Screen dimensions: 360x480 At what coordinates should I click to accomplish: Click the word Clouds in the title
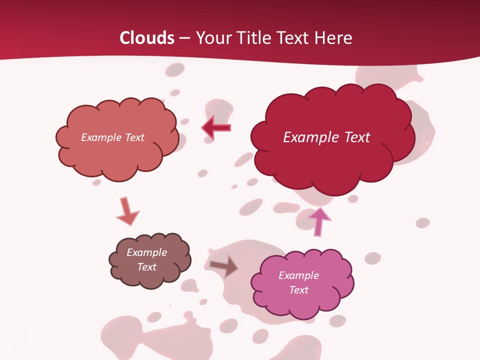[147, 38]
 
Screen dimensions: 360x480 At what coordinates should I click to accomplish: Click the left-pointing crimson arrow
[216, 127]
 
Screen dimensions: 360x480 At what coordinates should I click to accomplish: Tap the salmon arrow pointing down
[127, 211]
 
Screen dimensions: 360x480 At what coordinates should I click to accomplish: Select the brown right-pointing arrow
[224, 266]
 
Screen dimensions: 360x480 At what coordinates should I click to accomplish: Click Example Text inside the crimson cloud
[326, 137]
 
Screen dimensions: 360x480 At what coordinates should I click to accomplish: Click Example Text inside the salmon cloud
[112, 137]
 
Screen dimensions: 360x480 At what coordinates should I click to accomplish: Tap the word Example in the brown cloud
[146, 252]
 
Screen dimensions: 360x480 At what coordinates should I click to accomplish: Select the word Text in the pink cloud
[298, 290]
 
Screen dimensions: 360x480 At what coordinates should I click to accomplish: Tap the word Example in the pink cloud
[298, 275]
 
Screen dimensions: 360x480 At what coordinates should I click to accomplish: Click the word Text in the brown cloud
[146, 267]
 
